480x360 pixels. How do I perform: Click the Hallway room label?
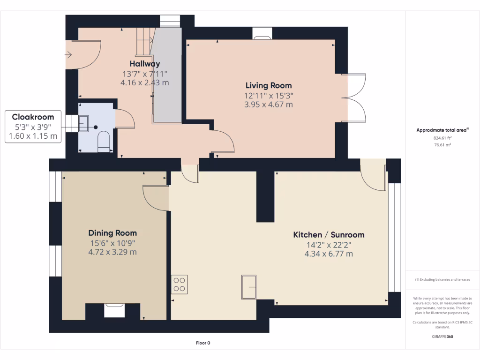tap(145, 64)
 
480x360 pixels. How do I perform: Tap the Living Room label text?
tap(269, 85)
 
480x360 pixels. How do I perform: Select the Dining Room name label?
tap(112, 233)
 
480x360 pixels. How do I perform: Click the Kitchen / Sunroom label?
tap(329, 235)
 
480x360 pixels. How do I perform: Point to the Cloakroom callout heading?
tap(33, 117)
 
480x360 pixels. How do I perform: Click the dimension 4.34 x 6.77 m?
tap(329, 254)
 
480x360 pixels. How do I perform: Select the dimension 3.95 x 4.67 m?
tap(269, 105)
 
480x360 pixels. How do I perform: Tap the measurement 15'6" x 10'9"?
tap(112, 243)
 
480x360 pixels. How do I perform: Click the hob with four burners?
tap(180, 285)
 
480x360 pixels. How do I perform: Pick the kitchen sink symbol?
tap(249, 286)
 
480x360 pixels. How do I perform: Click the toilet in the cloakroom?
tap(104, 141)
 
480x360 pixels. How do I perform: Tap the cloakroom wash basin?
tap(84, 123)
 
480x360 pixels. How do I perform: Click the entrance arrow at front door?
tap(68, 55)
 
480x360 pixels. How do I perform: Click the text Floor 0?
tap(203, 343)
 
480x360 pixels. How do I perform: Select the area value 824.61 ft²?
tap(442, 138)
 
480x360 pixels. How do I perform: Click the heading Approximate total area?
tap(442, 130)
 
